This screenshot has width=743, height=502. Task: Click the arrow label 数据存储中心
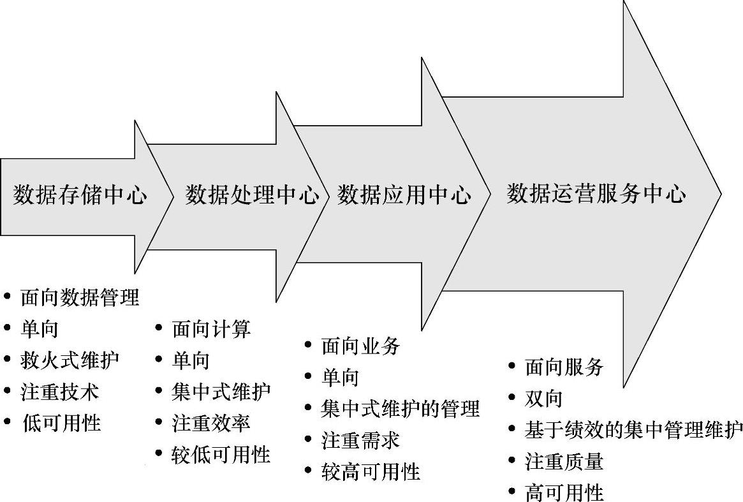click(x=80, y=195)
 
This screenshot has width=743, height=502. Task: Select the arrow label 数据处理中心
click(x=253, y=195)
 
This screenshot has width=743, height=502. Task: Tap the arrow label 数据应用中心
click(x=404, y=195)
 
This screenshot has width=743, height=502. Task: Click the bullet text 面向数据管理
click(x=80, y=297)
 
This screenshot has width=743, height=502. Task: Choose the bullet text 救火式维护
click(x=70, y=360)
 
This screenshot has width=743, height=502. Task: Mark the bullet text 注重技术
click(x=60, y=391)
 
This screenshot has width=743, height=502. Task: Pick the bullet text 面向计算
click(x=211, y=329)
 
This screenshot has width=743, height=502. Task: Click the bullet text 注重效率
click(x=211, y=423)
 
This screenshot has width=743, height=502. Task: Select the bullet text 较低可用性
click(x=221, y=454)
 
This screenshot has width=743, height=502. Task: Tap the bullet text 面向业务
click(x=361, y=346)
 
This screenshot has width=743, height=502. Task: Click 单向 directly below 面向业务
click(x=341, y=378)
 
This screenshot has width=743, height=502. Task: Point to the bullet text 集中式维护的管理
click(x=401, y=409)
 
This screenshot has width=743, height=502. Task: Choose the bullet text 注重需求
click(x=361, y=440)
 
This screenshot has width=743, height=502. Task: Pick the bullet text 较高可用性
click(x=371, y=471)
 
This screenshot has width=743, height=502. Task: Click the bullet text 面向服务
click(x=564, y=367)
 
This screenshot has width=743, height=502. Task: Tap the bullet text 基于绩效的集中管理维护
click(x=634, y=430)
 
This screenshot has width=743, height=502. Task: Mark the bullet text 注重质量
click(x=564, y=461)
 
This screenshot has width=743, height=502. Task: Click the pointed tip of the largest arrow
click(x=720, y=193)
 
